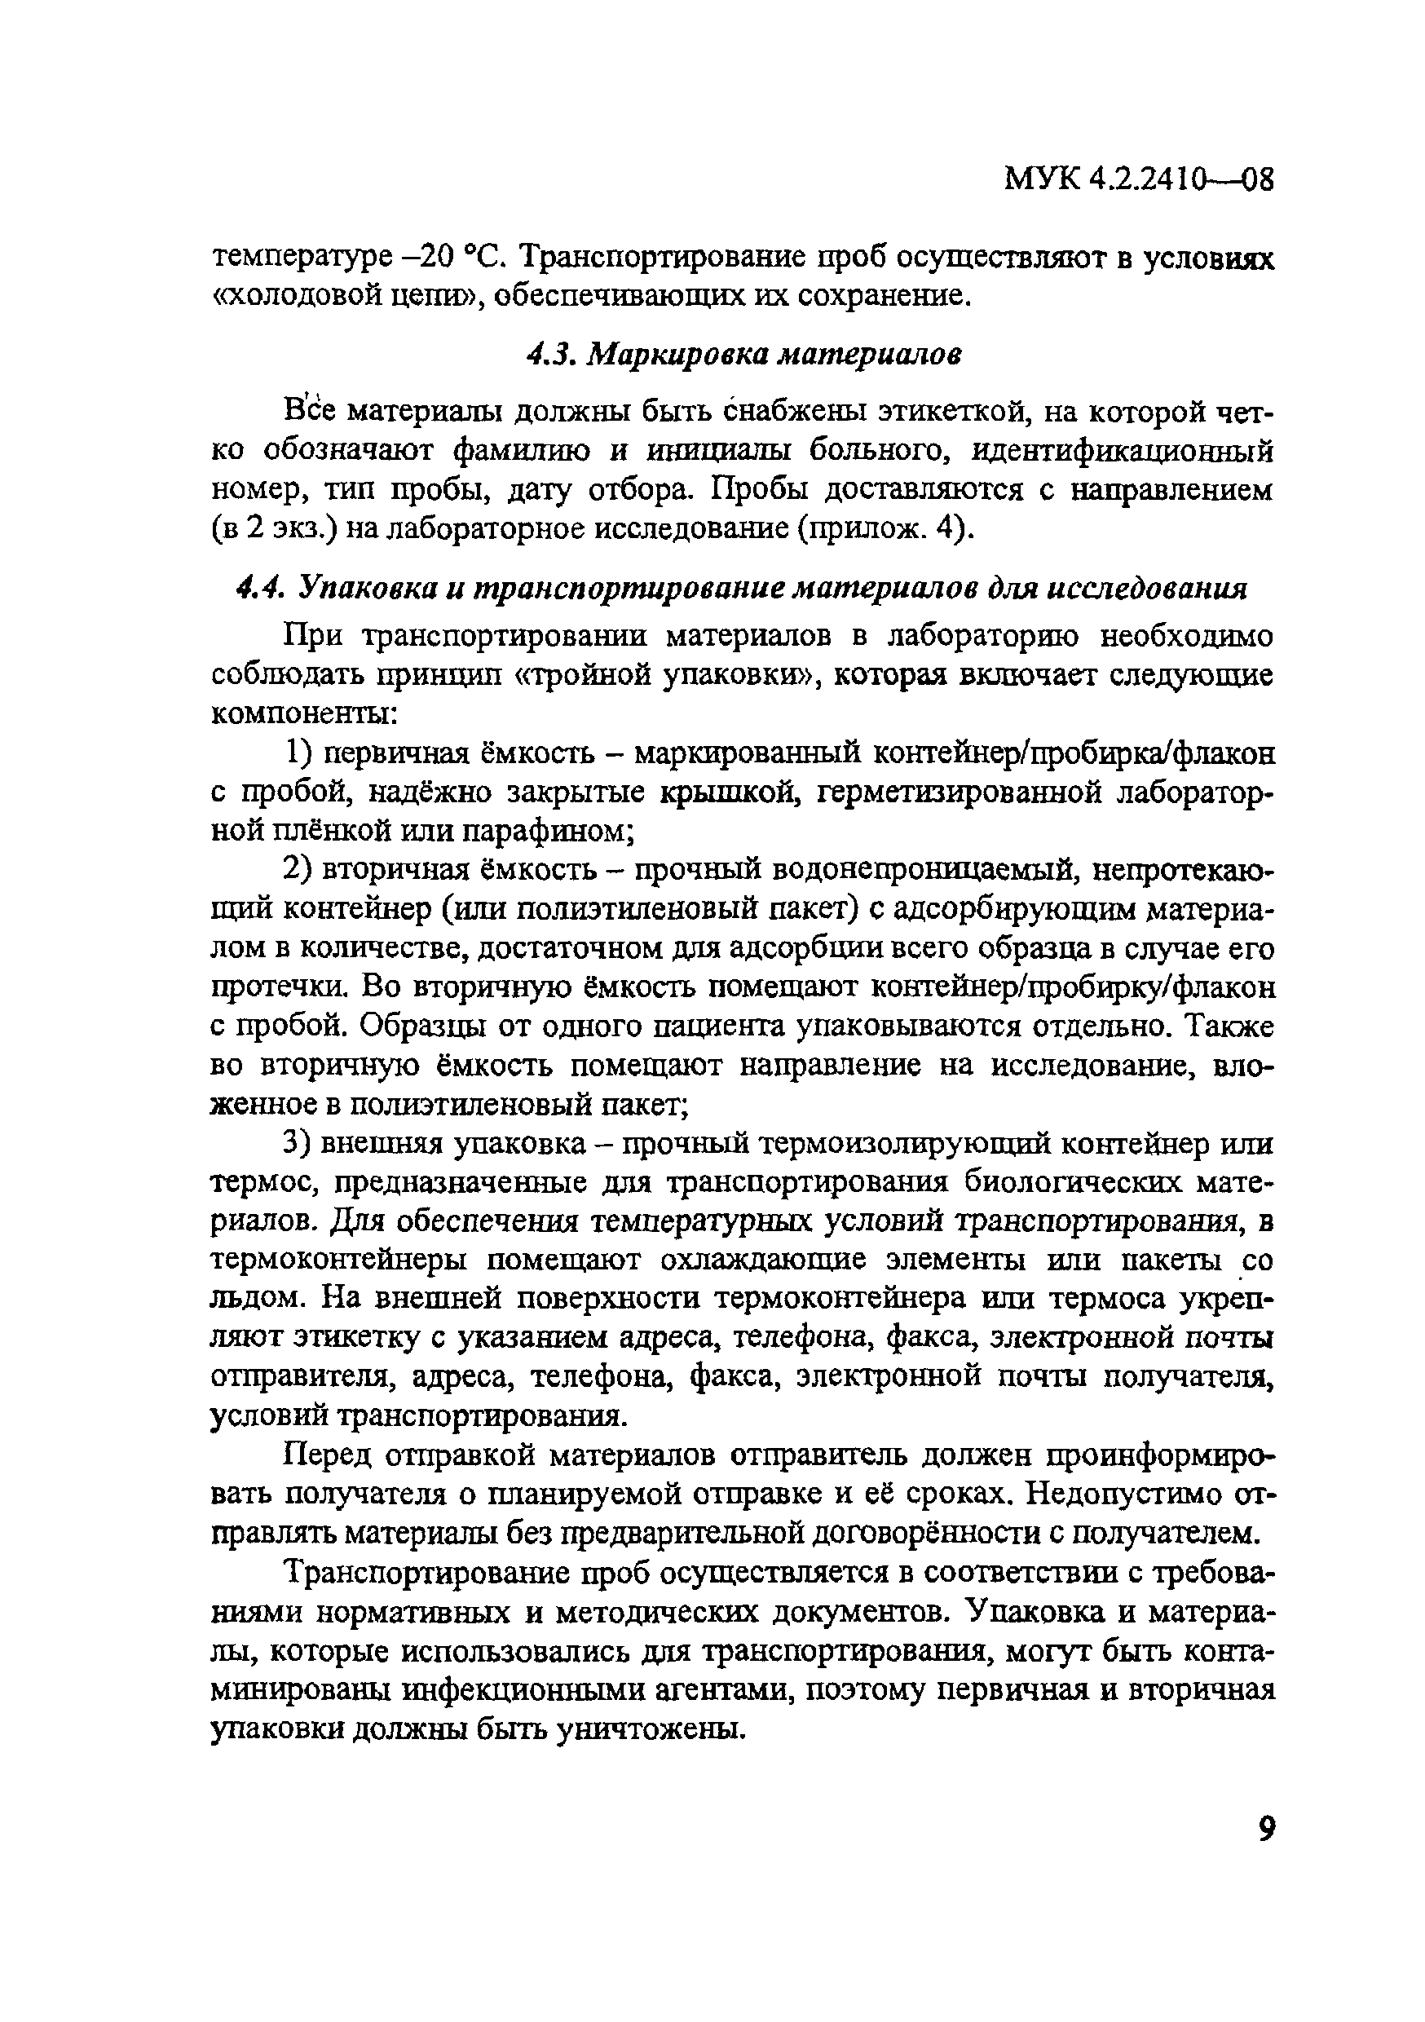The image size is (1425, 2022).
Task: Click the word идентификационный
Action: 1123,450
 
